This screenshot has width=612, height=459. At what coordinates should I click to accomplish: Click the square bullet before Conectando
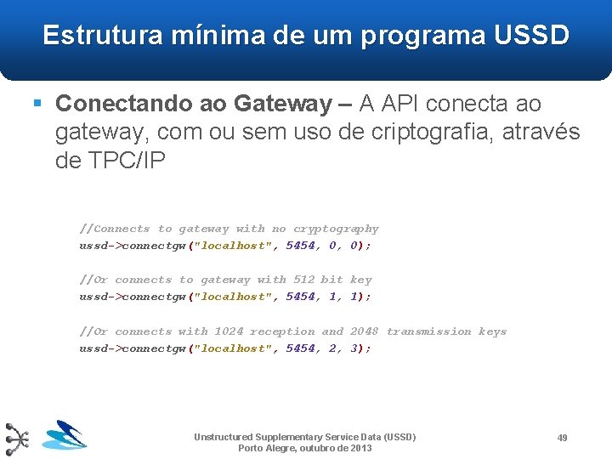point(37,104)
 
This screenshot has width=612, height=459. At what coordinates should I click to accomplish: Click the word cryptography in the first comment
point(336,229)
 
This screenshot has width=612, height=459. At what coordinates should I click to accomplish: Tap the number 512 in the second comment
point(303,280)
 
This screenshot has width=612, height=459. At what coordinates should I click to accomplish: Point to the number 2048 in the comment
point(364,331)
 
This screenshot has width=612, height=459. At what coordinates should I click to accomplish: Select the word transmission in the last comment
point(428,331)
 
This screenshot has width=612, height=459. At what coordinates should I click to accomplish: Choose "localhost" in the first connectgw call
point(235,246)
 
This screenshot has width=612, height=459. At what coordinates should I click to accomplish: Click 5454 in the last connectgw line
point(299,348)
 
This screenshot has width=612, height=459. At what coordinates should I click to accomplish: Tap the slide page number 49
point(562,438)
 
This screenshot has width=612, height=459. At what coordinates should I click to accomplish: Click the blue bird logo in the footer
point(65,435)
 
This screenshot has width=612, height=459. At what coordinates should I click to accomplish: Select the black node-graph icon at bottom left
point(17,439)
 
